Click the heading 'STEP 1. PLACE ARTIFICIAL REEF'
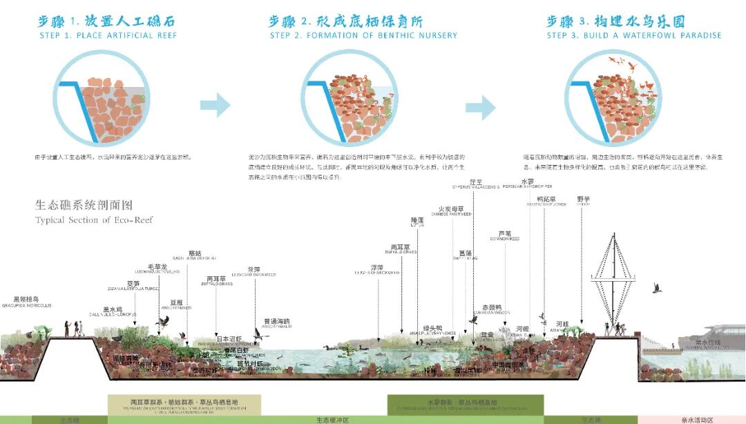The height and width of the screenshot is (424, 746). click(x=108, y=35)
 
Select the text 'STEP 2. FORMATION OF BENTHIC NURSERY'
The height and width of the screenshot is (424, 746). click(x=363, y=35)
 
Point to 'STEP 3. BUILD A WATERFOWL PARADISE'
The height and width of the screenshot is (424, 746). click(x=633, y=35)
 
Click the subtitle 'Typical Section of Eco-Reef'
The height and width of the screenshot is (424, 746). click(x=94, y=220)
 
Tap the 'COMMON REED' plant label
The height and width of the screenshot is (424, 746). click(x=504, y=238)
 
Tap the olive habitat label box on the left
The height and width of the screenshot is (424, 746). click(x=184, y=404)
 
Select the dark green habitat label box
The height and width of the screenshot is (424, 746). click(x=465, y=404)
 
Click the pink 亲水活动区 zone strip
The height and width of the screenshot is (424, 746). click(x=691, y=419)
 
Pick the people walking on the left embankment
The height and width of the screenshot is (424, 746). click(x=77, y=327)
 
